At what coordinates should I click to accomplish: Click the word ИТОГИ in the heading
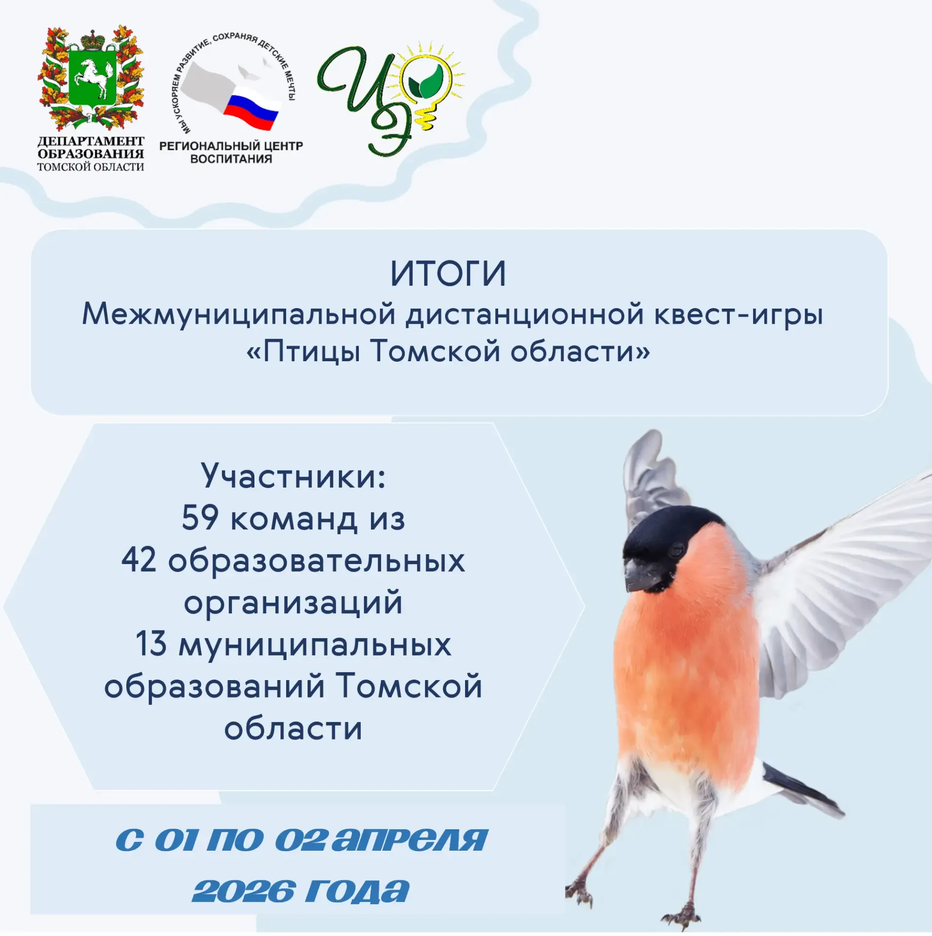448,274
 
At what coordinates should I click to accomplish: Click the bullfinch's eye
677,550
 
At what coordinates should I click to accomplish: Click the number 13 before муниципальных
151,643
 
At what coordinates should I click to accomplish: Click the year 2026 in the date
244,892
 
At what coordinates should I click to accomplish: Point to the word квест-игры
738,315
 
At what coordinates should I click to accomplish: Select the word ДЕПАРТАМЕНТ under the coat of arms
91,141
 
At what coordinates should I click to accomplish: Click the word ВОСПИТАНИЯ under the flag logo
231,159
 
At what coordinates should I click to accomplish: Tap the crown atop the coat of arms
91,38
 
